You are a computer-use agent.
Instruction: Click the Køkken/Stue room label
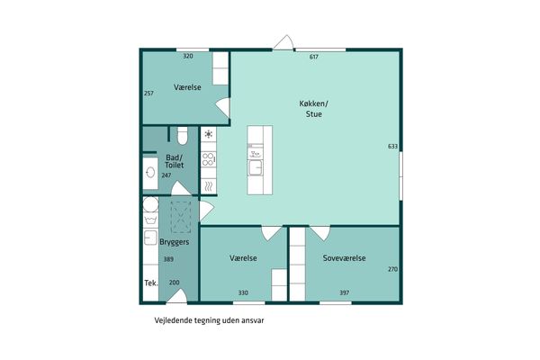(x=313, y=109)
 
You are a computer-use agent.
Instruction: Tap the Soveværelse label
(x=344, y=258)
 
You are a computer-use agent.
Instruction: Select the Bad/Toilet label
(x=175, y=161)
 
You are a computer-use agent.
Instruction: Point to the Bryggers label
(x=175, y=242)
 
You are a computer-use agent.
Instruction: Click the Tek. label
(x=151, y=283)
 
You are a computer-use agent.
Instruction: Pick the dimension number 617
(x=314, y=57)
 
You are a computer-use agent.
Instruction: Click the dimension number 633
(x=392, y=147)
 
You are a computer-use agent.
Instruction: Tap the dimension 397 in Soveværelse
(x=345, y=292)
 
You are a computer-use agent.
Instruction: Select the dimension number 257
(x=148, y=93)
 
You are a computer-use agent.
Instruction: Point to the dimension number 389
(x=168, y=259)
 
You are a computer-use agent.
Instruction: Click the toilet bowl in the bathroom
(x=183, y=135)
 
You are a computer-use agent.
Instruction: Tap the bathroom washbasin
(x=150, y=172)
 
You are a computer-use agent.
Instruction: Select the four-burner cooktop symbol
(x=209, y=160)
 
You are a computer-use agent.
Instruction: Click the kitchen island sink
(x=256, y=168)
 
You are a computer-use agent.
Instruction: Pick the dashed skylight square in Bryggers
(x=181, y=218)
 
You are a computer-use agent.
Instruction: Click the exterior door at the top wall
(x=283, y=42)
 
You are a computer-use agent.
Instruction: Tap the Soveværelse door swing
(x=320, y=233)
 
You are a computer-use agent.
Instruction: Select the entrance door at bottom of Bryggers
(x=177, y=296)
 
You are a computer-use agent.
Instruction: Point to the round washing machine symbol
(x=150, y=204)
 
